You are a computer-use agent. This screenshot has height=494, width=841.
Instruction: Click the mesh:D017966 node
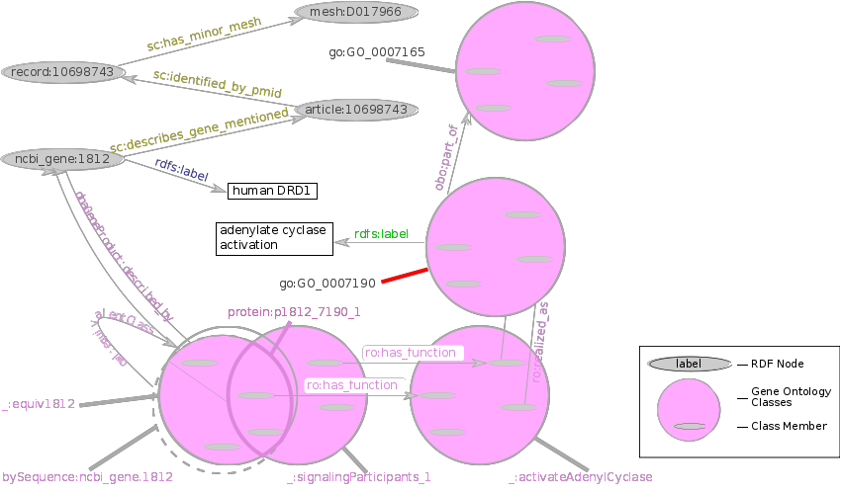(355, 12)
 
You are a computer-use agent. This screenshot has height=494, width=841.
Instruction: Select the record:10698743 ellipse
(62, 72)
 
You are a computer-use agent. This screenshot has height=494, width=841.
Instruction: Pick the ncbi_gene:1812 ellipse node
(62, 158)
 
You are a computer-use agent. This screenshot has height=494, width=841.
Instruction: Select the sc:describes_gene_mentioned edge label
(199, 131)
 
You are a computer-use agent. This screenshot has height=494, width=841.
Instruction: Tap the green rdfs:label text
(381, 234)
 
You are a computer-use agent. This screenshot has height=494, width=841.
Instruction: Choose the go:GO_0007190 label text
(327, 284)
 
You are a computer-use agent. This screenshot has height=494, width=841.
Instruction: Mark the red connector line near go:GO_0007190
(405, 276)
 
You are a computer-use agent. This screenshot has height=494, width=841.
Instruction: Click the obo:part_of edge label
(446, 157)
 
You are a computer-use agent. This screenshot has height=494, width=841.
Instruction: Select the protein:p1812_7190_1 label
(294, 312)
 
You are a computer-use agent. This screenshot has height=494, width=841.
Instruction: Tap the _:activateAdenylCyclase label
(581, 478)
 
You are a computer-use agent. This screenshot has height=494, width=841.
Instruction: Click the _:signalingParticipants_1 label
(359, 478)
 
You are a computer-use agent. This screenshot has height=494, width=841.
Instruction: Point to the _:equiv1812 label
(40, 404)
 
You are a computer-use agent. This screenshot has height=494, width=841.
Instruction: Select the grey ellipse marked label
(689, 364)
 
